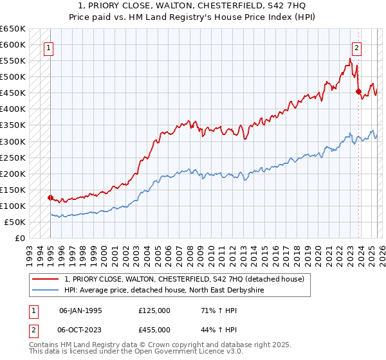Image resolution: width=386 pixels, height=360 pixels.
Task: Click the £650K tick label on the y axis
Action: (x=13, y=29)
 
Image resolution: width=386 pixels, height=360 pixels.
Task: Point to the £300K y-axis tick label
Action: (x=13, y=141)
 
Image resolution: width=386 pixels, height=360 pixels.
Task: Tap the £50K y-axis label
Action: (x=15, y=222)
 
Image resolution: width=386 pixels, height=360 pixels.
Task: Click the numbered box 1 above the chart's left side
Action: (x=49, y=46)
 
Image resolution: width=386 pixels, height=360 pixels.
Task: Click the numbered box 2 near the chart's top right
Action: (x=356, y=46)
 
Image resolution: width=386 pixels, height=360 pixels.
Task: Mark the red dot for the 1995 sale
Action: (x=50, y=197)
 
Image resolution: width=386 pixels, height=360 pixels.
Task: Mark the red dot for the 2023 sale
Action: (x=358, y=91)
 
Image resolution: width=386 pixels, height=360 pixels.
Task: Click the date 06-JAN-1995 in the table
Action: (x=80, y=310)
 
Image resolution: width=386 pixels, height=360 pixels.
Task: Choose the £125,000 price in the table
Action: (x=154, y=310)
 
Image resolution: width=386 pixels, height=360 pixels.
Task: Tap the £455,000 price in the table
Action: (x=154, y=330)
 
